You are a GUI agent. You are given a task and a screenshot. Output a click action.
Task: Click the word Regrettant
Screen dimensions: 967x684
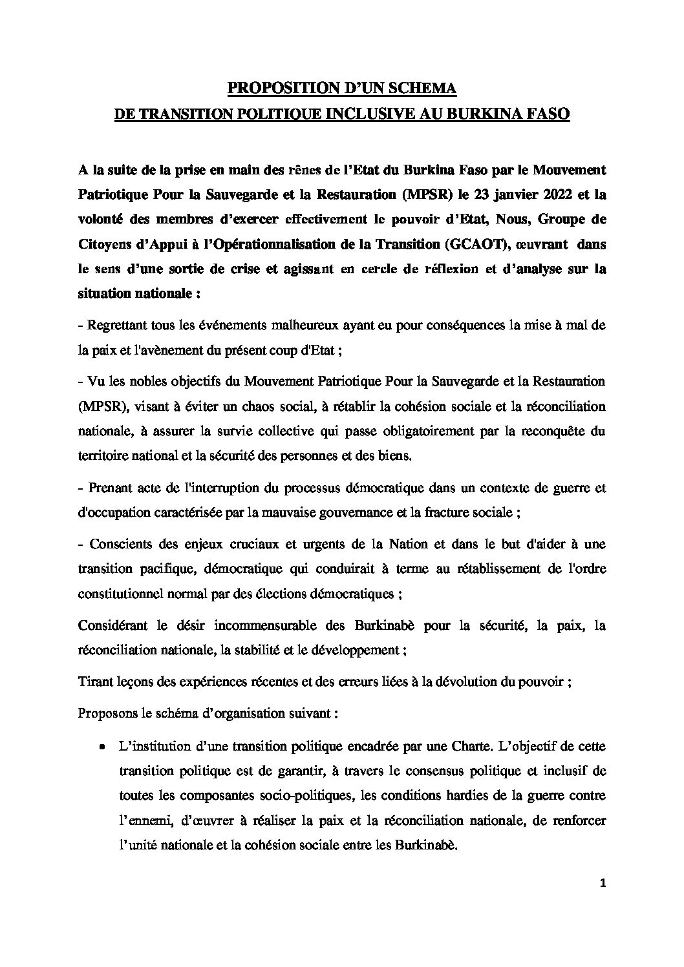(117, 326)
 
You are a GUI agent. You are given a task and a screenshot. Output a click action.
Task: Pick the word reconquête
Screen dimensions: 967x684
(555, 431)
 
